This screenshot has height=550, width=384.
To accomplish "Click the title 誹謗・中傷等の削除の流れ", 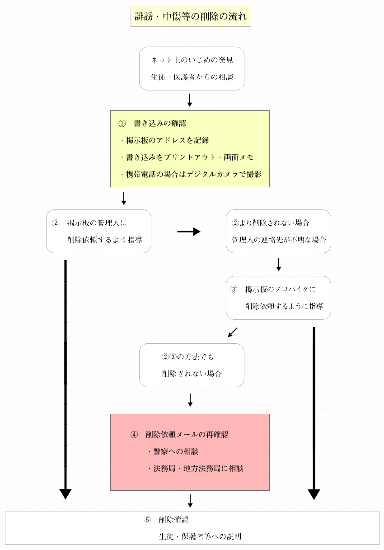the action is (x=191, y=16).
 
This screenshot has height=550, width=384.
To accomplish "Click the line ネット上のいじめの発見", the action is (x=192, y=60).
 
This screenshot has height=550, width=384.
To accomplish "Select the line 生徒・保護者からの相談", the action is (x=192, y=77).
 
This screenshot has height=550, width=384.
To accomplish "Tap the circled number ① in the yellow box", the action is (x=122, y=123).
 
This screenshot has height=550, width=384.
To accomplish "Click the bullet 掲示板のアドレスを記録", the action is (x=164, y=140).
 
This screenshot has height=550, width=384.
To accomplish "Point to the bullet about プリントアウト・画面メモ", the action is (x=187, y=157).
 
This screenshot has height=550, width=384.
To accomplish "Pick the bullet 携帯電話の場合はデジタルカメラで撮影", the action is (x=191, y=174).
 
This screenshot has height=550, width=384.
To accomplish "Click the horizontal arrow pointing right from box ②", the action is (x=189, y=231).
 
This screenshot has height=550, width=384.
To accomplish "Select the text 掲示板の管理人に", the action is (x=97, y=223).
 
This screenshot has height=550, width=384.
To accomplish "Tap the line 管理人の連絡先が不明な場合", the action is (x=279, y=240).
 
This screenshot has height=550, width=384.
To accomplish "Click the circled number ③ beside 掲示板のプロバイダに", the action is (x=234, y=289).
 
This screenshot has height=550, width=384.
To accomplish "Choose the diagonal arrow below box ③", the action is (x=233, y=332).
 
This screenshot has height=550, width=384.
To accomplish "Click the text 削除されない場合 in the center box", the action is (x=192, y=374).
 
